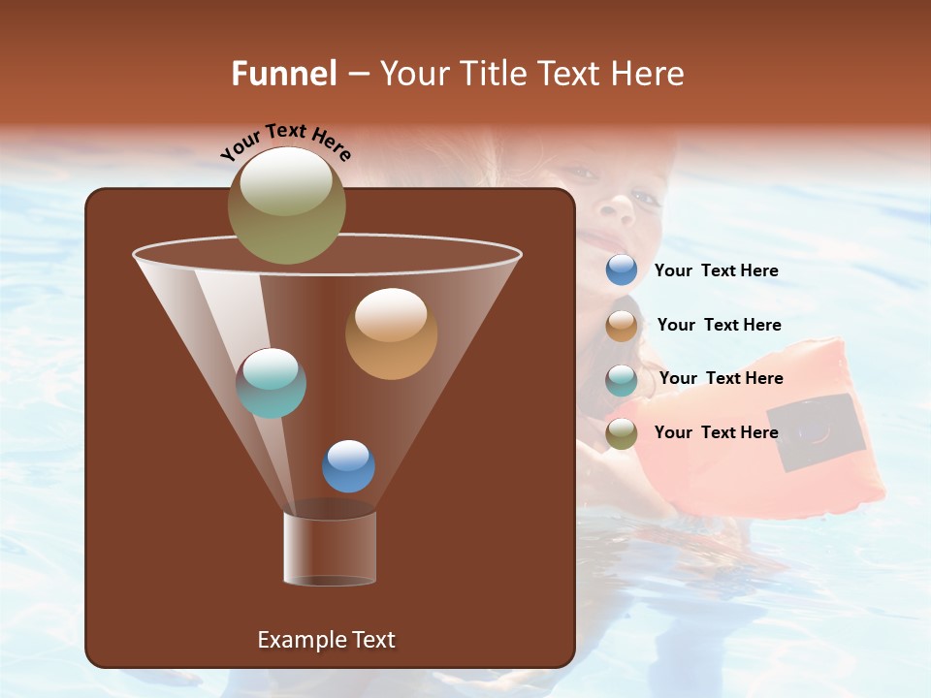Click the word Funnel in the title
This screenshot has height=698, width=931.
pyautogui.click(x=284, y=74)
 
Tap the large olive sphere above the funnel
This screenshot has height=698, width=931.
pyautogui.click(x=287, y=205)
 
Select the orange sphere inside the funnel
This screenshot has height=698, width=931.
pyautogui.click(x=391, y=333)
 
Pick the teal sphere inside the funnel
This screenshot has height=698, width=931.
pyautogui.click(x=272, y=383)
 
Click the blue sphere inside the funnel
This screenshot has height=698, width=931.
pyautogui.click(x=348, y=465)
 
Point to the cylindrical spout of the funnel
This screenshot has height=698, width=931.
pyautogui.click(x=330, y=548)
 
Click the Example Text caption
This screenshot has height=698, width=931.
pyautogui.click(x=327, y=640)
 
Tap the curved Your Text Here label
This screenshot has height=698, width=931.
pyautogui.click(x=286, y=142)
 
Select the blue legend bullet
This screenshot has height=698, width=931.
pyautogui.click(x=622, y=270)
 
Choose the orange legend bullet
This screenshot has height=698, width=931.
pyautogui.click(x=622, y=325)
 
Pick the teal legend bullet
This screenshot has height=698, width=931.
pyautogui.click(x=622, y=379)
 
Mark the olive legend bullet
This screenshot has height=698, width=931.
pyautogui.click(x=622, y=432)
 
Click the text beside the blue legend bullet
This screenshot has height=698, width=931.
pyautogui.click(x=717, y=270)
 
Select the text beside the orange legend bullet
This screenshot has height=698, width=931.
pyautogui.click(x=719, y=325)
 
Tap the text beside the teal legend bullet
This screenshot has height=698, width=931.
pyautogui.click(x=721, y=378)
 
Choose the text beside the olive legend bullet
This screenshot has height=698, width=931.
pyautogui.click(x=717, y=432)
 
